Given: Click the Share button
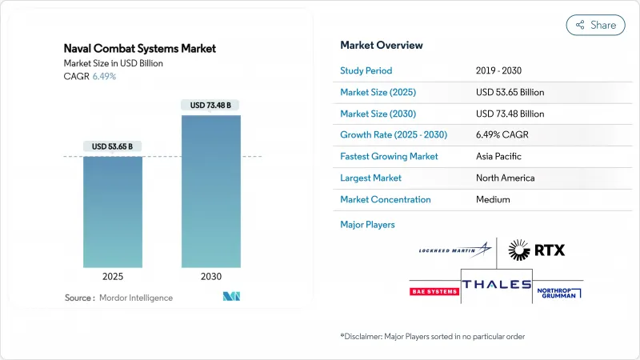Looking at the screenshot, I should click(596, 25).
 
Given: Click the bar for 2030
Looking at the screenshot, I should click(210, 191).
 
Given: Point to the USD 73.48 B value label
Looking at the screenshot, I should click(210, 105).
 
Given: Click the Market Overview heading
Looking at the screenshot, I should click(382, 46).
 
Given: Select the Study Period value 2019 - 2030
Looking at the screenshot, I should click(502, 70).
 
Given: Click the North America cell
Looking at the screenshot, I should click(505, 178).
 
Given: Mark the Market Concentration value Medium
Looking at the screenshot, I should click(492, 199).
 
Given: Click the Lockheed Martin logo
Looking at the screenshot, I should click(454, 251).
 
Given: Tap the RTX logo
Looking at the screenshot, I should click(537, 251).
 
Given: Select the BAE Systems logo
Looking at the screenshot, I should click(434, 291).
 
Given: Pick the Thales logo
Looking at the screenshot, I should click(497, 285).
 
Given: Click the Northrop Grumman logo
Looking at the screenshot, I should click(560, 291).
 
